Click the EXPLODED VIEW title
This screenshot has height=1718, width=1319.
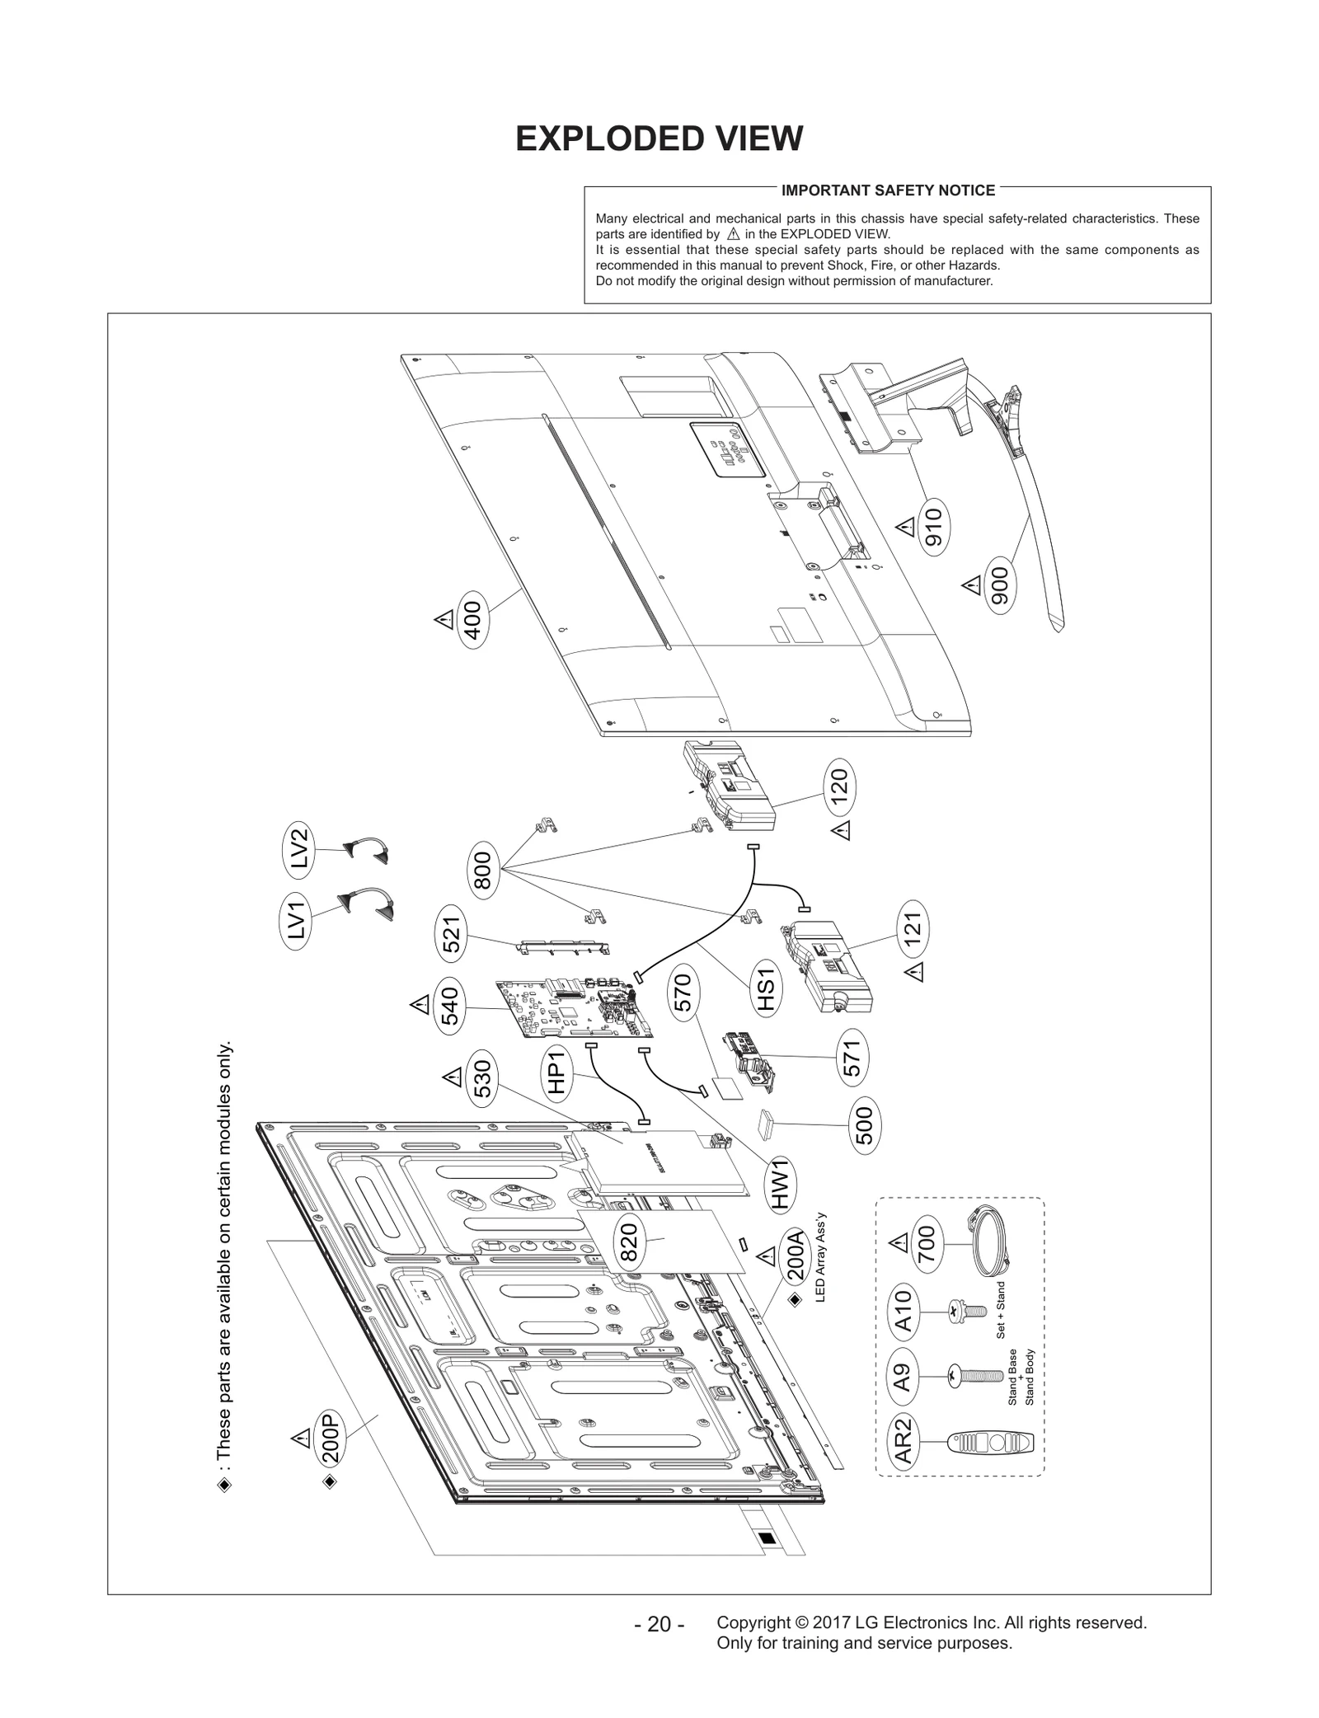click(659, 139)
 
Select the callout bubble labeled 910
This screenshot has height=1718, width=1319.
click(933, 527)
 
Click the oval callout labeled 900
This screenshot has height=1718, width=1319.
click(1000, 586)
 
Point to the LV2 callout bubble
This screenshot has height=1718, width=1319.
click(298, 847)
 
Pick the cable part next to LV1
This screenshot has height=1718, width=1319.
click(368, 905)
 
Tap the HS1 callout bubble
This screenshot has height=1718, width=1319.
click(765, 989)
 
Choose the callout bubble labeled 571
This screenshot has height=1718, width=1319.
click(852, 1058)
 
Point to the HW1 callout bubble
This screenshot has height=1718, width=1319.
click(781, 1185)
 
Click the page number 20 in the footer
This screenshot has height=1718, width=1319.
click(659, 1625)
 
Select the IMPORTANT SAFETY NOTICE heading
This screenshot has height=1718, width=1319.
click(887, 190)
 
